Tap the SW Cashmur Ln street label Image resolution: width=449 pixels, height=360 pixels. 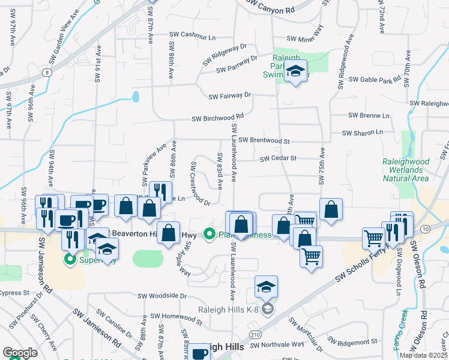[x=193, y=36]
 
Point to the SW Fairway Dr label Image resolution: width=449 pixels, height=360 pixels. [x=229, y=95]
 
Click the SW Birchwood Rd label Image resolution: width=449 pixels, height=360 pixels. [x=217, y=118]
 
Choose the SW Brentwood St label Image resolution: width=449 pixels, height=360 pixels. [x=264, y=140]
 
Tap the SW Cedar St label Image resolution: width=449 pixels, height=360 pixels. [x=279, y=158]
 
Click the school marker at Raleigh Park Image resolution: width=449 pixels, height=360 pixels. [x=295, y=72]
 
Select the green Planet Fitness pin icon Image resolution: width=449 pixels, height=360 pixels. [x=209, y=234]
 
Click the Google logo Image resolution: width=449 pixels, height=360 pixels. [x=20, y=353]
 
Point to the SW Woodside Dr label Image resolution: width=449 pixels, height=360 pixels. [x=162, y=296]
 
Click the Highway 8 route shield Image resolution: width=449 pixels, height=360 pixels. [x=46, y=72]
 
